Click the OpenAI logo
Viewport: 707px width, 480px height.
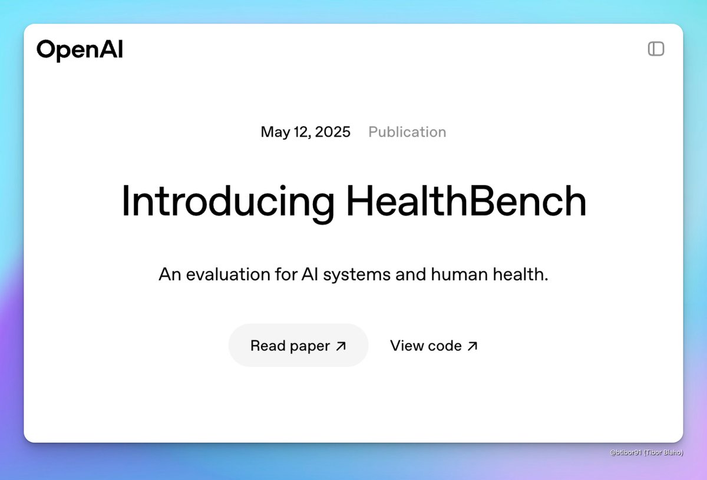[x=80, y=49]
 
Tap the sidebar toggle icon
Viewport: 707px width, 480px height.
[x=656, y=49]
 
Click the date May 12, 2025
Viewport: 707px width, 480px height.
[x=305, y=132]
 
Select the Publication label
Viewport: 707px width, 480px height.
[x=407, y=132]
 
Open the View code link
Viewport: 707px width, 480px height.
[x=434, y=346]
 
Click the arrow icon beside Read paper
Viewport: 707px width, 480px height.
[x=341, y=346]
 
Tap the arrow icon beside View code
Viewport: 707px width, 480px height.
[x=472, y=346]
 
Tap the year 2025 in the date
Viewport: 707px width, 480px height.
[x=332, y=132]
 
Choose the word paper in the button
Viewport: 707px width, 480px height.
[x=310, y=346]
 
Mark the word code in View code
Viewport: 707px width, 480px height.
[x=445, y=346]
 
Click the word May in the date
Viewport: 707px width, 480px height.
[x=273, y=133]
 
